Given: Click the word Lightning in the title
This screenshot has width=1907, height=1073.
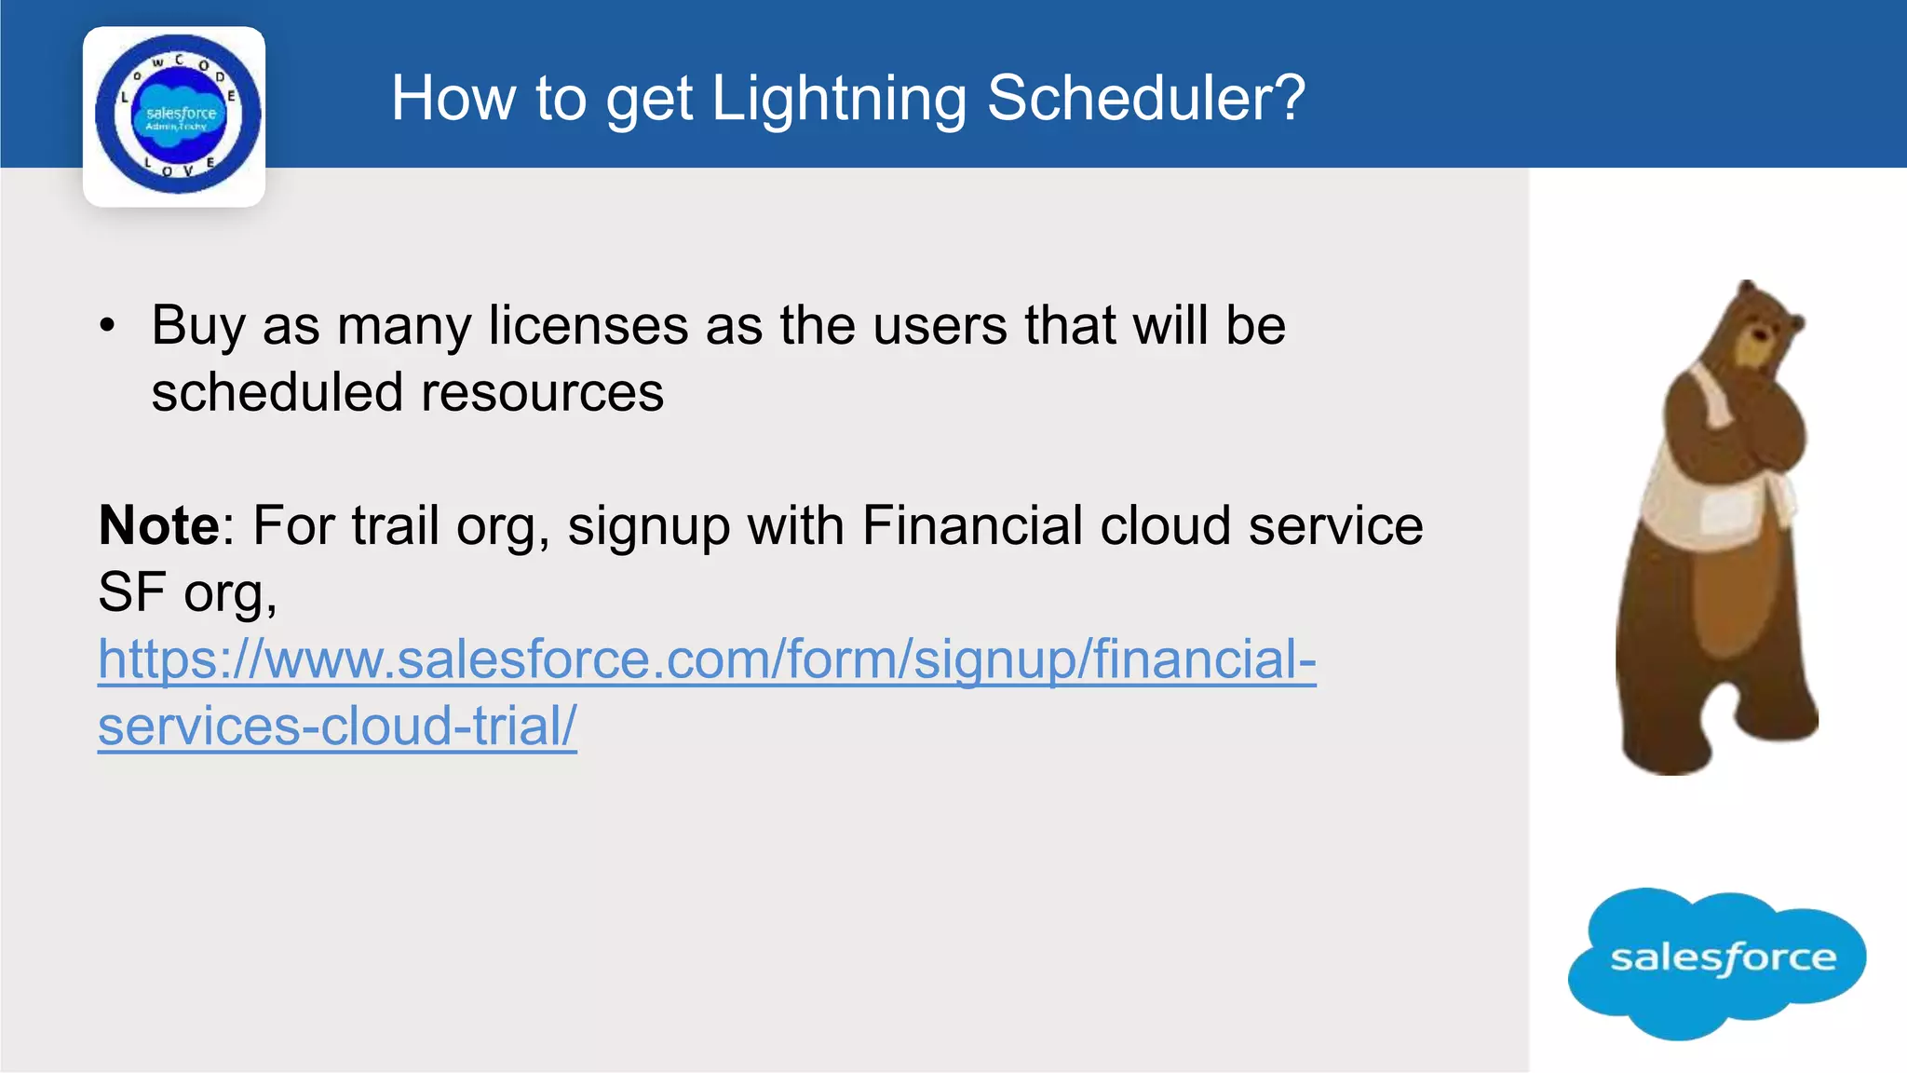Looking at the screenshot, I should click(838, 99).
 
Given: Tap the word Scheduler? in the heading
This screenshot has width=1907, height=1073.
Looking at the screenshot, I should click(1145, 99).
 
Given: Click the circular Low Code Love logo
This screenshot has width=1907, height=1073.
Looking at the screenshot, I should click(176, 115).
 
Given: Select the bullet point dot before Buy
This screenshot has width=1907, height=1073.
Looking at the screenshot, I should click(109, 326).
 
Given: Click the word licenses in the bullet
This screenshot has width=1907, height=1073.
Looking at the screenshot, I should click(588, 326).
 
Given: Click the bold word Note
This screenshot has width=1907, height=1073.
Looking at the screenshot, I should click(159, 525).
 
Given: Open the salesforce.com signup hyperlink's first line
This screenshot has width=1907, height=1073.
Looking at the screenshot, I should click(707, 659).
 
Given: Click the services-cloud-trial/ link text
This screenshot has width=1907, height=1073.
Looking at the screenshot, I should click(337, 727).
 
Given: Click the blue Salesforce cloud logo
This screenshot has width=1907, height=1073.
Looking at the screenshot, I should click(1719, 960).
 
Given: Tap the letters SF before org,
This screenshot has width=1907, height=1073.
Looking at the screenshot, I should click(131, 592).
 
